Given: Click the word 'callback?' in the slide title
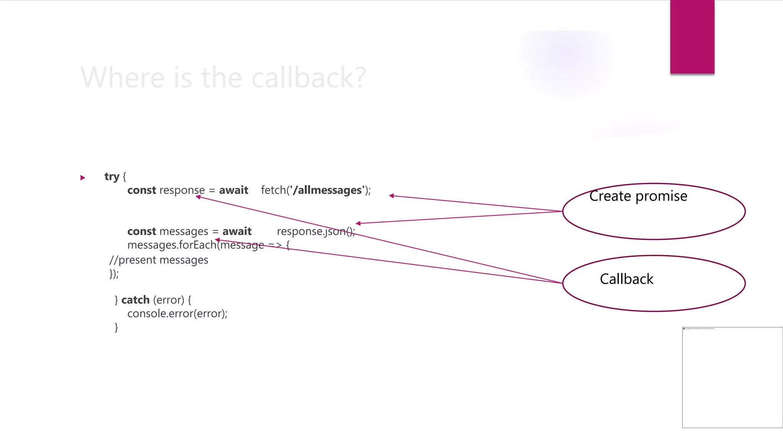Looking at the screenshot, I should pyautogui.click(x=309, y=78).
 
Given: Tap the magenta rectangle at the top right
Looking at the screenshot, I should pyautogui.click(x=692, y=37).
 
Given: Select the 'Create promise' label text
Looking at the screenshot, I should pyautogui.click(x=638, y=196).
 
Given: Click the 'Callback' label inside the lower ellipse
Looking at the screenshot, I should pyautogui.click(x=626, y=279).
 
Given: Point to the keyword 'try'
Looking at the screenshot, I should pyautogui.click(x=112, y=176).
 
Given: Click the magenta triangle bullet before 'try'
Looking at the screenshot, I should pyautogui.click(x=83, y=178).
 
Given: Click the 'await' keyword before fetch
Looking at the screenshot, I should pyautogui.click(x=233, y=190).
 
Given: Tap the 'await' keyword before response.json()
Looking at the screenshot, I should pyautogui.click(x=237, y=231).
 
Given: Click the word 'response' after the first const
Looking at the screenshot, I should pyautogui.click(x=182, y=190).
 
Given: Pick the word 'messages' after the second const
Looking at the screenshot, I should pyautogui.click(x=184, y=231).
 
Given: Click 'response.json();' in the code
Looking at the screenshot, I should pyautogui.click(x=316, y=231).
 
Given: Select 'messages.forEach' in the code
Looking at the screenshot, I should pyautogui.click(x=172, y=245).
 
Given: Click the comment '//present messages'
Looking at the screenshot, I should pyautogui.click(x=159, y=260).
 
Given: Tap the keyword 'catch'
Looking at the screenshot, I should pyautogui.click(x=135, y=300).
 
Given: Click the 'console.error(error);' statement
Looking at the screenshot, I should pyautogui.click(x=177, y=314).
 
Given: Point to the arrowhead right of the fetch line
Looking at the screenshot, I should pyautogui.click(x=391, y=196).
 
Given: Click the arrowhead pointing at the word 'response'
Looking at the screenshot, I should pyautogui.click(x=198, y=197).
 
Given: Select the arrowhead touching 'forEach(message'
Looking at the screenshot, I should pyautogui.click(x=217, y=240).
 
